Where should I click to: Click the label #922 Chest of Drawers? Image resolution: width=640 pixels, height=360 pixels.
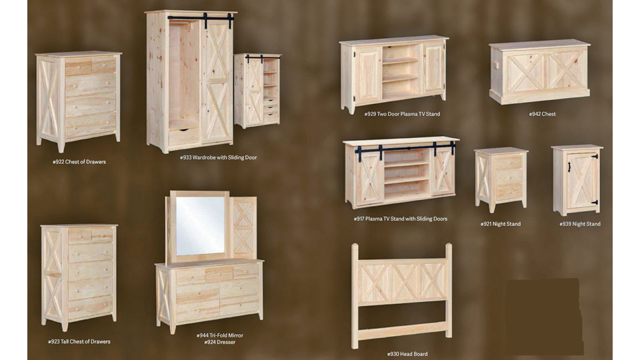(79, 162)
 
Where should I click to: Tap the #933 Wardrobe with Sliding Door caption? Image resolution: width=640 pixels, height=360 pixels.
(219, 157)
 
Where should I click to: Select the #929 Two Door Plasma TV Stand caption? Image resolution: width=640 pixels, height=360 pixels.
(402, 114)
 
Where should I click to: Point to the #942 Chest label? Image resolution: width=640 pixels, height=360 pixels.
(542, 114)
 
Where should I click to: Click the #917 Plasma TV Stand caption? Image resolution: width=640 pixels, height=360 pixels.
(401, 219)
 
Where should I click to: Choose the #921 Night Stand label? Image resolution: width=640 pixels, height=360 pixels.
(501, 224)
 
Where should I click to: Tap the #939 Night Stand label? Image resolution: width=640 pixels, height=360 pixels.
(580, 224)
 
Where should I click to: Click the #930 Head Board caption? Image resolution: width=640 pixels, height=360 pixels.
(407, 354)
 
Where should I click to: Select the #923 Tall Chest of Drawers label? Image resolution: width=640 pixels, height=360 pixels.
(79, 341)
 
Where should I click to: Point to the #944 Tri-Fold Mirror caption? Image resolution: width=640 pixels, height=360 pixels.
(219, 335)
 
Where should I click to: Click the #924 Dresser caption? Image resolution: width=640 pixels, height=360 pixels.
(219, 343)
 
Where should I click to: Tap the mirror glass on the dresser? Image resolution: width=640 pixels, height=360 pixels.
(200, 226)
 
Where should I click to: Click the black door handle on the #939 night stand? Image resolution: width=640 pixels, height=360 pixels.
(569, 167)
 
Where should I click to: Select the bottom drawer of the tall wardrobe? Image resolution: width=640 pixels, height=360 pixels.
(184, 136)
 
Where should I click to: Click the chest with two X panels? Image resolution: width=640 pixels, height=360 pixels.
(539, 72)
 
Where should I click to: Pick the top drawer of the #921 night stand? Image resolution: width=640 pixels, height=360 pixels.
(509, 163)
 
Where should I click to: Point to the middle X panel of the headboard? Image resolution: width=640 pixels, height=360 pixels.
(405, 283)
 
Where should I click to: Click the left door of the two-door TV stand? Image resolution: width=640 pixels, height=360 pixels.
(366, 75)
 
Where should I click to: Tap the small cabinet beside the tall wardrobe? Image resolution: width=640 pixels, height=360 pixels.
(257, 90)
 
